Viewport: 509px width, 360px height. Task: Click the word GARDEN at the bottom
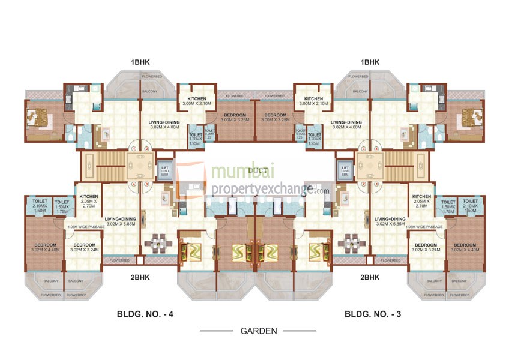click(x=258, y=331)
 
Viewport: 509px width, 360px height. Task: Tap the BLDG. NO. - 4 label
click(x=145, y=313)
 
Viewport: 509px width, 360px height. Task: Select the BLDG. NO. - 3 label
click(x=373, y=313)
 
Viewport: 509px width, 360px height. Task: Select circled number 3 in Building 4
click(x=146, y=184)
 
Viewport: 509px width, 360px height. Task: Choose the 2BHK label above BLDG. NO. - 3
click(x=370, y=277)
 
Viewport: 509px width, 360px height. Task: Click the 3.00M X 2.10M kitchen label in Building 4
click(x=196, y=103)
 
